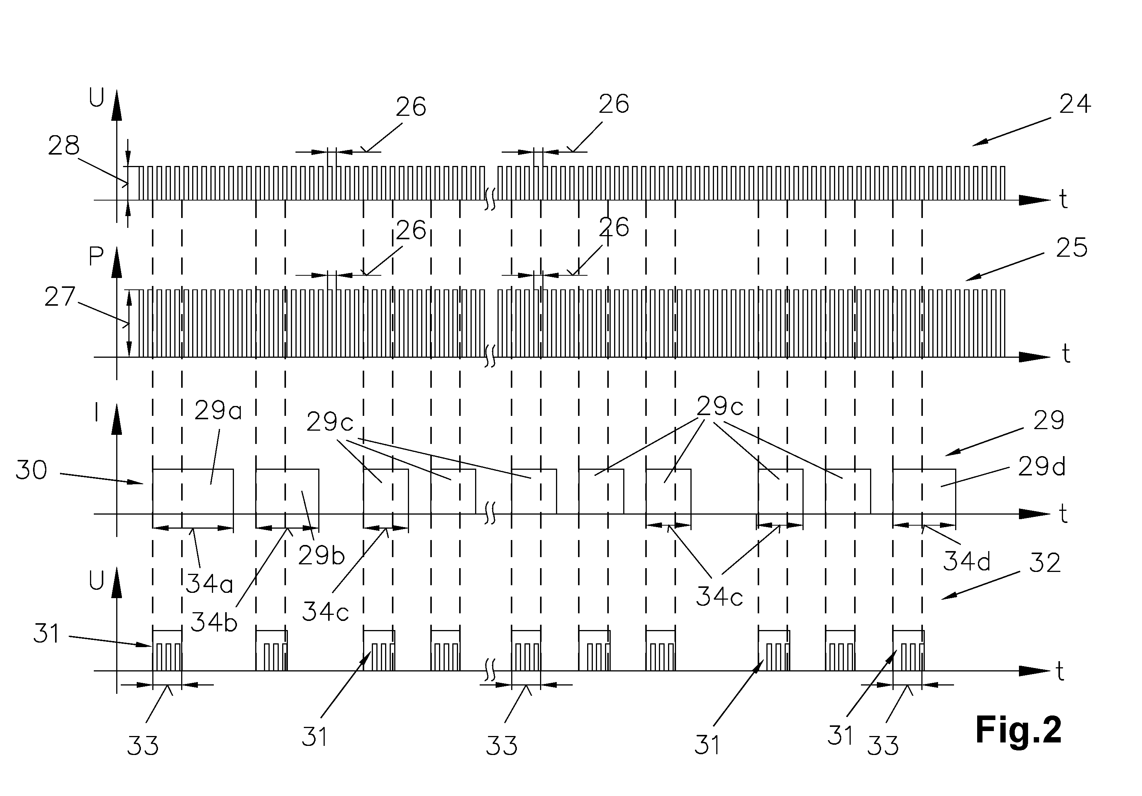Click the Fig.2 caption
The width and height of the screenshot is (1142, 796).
click(1018, 730)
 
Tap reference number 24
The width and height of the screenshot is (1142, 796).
click(1075, 104)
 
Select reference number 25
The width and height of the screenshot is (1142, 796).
click(1071, 247)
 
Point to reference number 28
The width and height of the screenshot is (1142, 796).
click(64, 146)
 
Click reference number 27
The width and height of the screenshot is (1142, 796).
click(60, 297)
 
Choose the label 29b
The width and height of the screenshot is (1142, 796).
click(321, 555)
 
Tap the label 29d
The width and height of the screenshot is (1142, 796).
click(1041, 466)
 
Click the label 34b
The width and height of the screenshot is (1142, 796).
click(213, 622)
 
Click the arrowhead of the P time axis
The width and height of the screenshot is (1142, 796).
click(1035, 357)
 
